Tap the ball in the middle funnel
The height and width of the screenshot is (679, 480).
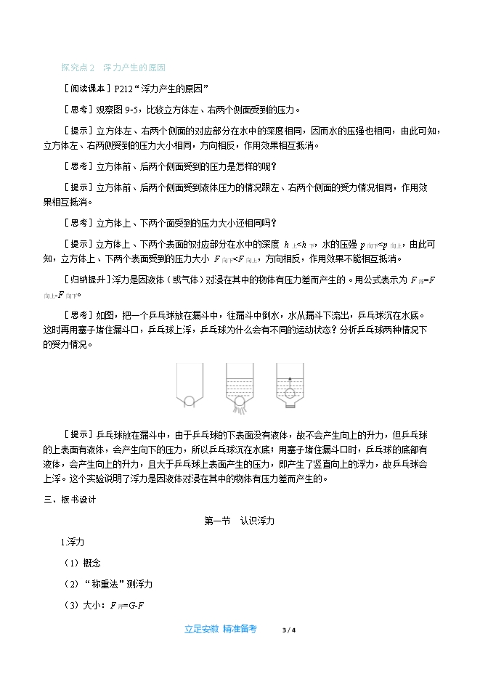coord(239,401)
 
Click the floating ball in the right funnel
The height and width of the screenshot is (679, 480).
coord(290,392)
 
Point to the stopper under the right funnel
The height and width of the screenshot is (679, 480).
coord(290,407)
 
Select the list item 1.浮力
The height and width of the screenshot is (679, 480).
coord(73,542)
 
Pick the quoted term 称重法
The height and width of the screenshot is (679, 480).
coord(105,584)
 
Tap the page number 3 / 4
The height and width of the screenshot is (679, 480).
coord(289,630)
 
